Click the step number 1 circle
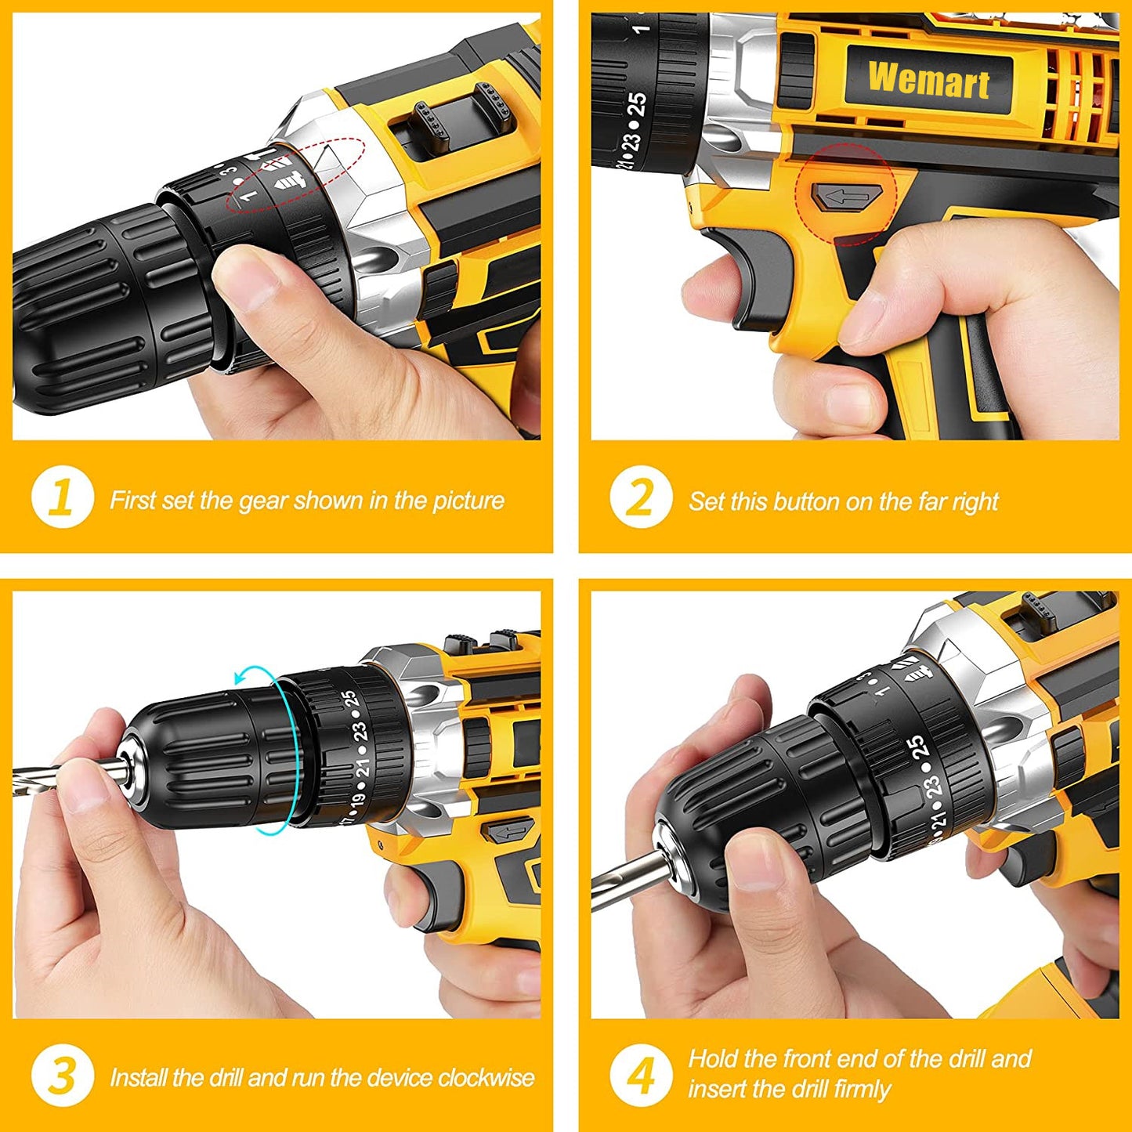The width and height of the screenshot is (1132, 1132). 62,498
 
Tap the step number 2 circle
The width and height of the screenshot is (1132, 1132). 640,498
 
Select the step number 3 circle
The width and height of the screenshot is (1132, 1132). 62,1076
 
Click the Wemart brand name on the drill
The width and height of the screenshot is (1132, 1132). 928,79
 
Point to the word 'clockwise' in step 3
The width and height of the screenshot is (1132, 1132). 486,1078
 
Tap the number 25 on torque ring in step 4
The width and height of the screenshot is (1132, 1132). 917,748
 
